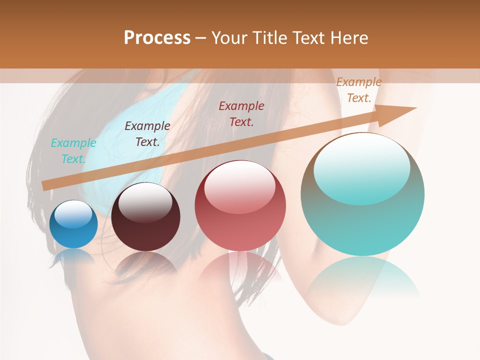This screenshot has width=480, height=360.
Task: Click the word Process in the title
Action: tap(157, 38)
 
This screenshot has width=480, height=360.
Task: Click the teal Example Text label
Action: tap(73, 151)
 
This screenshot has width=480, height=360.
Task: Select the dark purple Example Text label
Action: tap(147, 134)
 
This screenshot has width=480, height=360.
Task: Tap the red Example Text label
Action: tap(241, 113)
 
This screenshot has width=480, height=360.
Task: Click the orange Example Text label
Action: tap(359, 90)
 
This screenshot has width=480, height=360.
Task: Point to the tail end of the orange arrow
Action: tap(44, 186)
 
